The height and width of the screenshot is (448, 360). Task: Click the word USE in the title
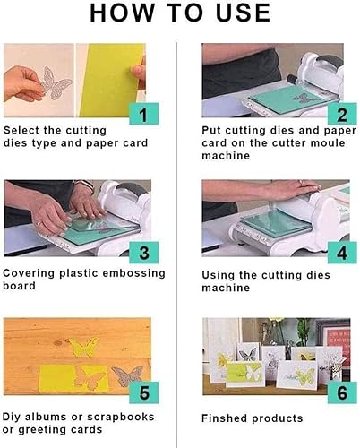[x=237, y=13]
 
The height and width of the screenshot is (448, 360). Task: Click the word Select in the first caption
[x=24, y=131]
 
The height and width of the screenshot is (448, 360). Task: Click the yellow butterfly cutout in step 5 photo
[x=84, y=347]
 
